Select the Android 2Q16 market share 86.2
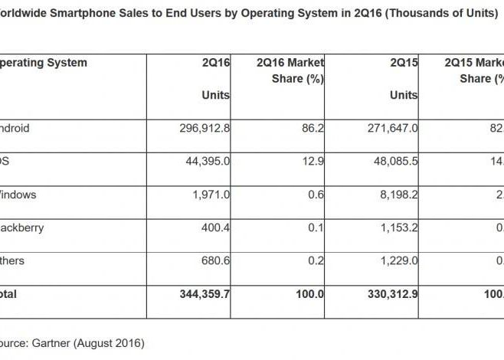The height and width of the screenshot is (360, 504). (314, 129)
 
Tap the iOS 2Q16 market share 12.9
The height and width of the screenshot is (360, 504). (314, 162)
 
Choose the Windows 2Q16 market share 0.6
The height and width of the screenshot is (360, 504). (317, 195)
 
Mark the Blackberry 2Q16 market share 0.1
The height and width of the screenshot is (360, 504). (317, 227)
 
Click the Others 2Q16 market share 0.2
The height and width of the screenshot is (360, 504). (317, 260)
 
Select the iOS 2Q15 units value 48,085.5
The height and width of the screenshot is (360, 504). (390, 162)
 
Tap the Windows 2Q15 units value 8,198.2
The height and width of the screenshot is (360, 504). (393, 195)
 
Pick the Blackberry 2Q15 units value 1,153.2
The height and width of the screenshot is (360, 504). (393, 227)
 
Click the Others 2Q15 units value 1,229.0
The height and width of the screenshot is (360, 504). (393, 260)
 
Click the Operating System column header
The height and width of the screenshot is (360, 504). (43, 63)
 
